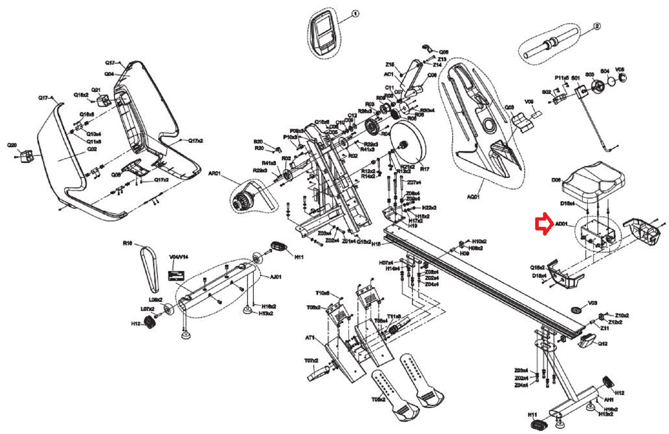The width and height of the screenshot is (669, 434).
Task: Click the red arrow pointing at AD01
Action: click(543, 224)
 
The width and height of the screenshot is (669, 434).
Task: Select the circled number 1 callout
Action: click(355, 14)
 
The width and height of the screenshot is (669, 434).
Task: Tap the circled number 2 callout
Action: click(597, 26)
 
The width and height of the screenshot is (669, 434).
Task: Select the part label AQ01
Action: click(473, 196)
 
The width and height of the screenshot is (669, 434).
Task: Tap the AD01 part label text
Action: click(561, 224)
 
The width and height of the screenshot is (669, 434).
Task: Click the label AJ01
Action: click(275, 277)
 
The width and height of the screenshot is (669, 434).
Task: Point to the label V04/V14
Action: click(178, 257)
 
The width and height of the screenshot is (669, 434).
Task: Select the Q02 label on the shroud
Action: click(92, 149)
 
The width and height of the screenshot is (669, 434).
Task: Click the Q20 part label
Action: click(12, 146)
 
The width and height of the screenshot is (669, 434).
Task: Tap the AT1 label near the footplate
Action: click(310, 338)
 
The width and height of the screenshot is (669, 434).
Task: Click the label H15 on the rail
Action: click(376, 244)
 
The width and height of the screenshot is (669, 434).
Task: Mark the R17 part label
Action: click(424, 169)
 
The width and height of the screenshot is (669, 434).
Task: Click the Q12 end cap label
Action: click(602, 344)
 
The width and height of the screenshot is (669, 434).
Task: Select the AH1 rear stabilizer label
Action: click(608, 400)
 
